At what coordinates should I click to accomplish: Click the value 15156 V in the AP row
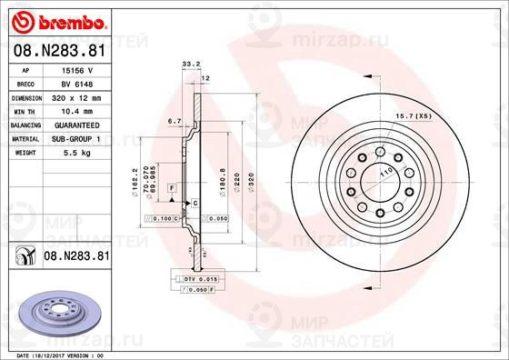(x=75, y=69)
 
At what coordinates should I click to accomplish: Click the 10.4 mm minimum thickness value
(x=75, y=110)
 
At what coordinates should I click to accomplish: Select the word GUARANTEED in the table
(x=75, y=125)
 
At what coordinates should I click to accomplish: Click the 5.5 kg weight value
(x=75, y=154)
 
